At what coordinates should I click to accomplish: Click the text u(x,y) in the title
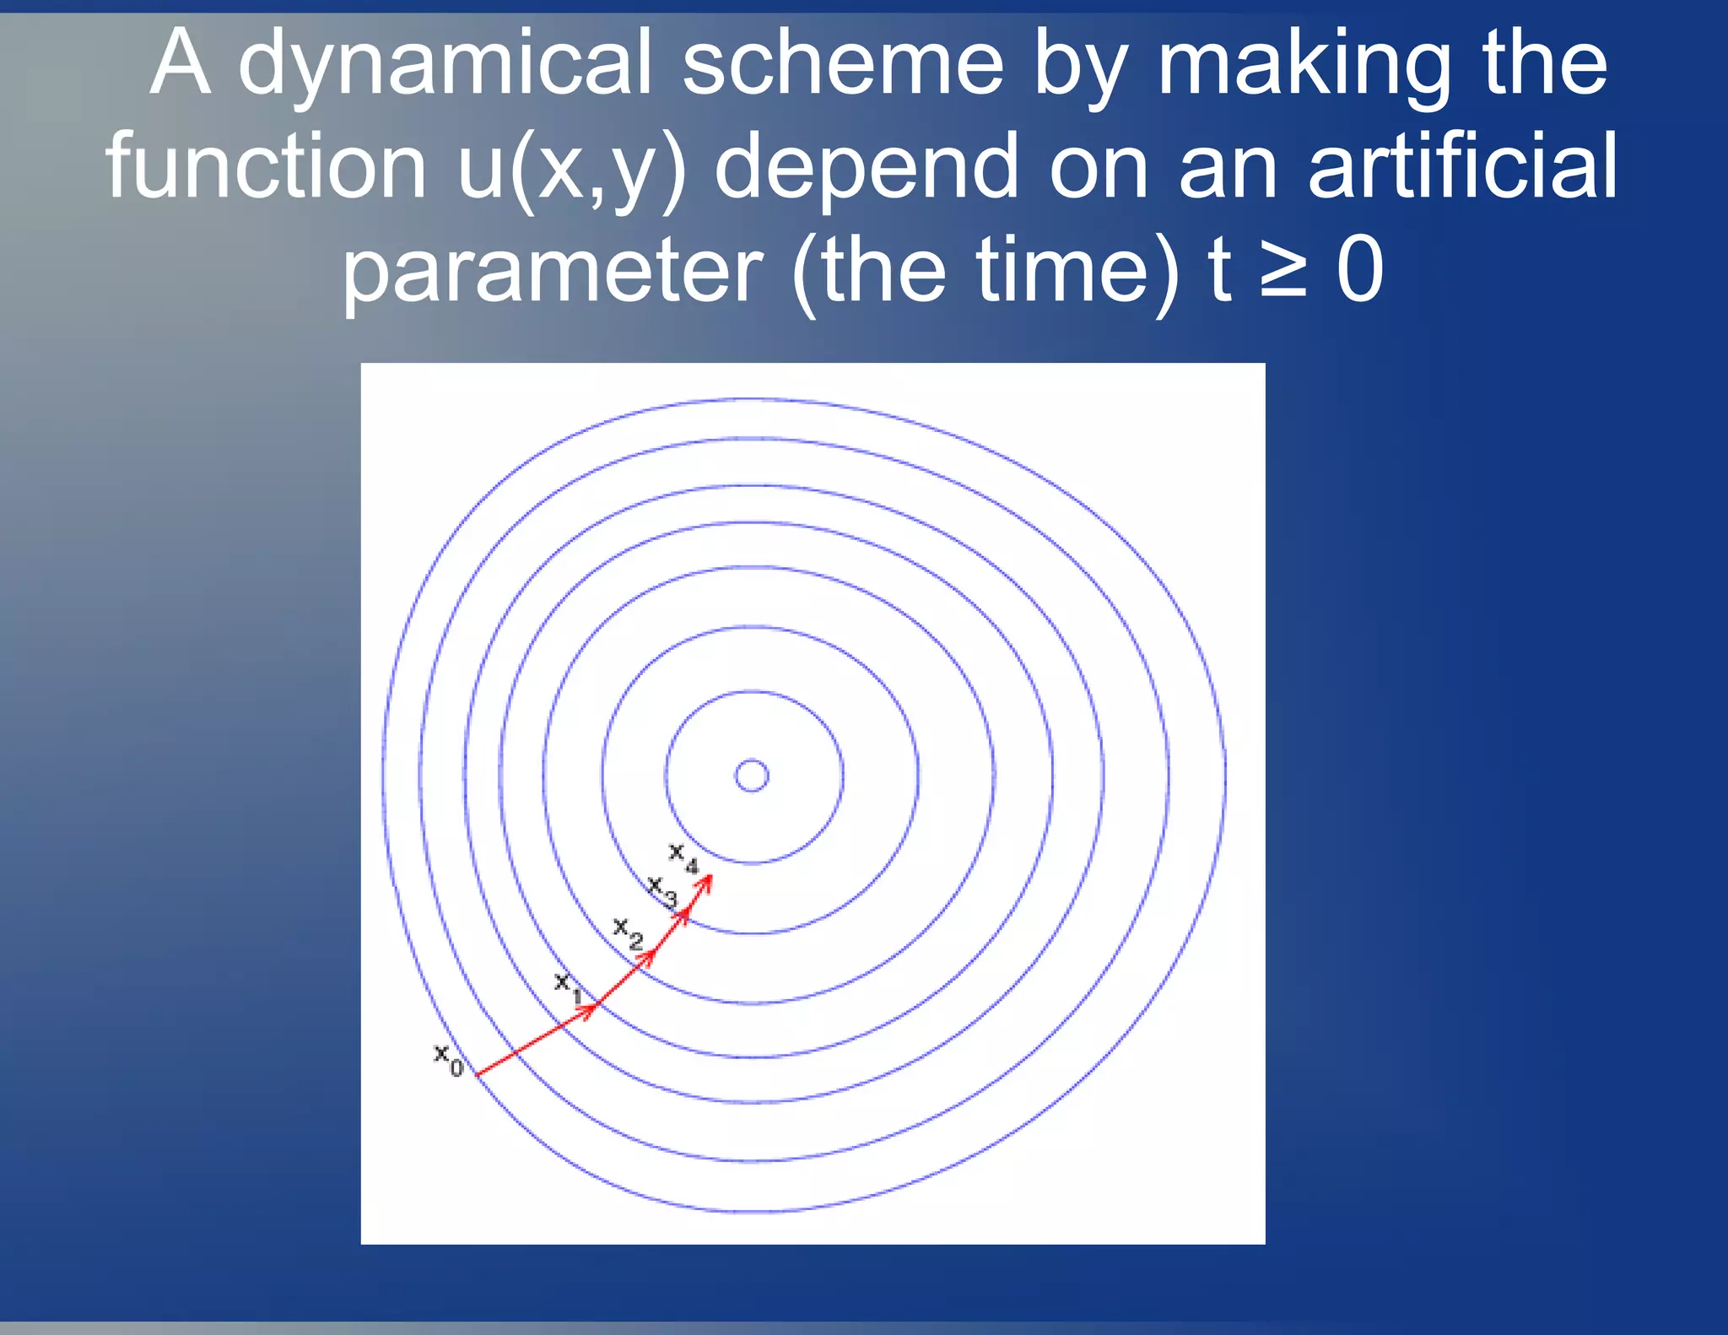coord(571,168)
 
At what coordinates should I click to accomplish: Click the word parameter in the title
coord(552,271)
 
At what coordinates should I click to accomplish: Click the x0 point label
coord(448,1058)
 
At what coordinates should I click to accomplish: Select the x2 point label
coord(627,932)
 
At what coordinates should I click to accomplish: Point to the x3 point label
coord(661,890)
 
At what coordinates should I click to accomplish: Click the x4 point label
coord(683,857)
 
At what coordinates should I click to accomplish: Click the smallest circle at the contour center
coord(752,776)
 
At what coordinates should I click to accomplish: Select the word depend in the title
coord(867,168)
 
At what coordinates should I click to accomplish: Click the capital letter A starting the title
coord(180,64)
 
